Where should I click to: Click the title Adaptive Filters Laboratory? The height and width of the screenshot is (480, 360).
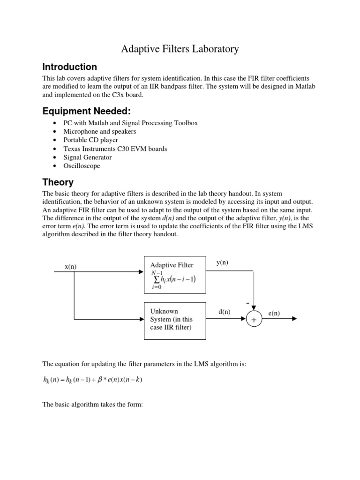180,48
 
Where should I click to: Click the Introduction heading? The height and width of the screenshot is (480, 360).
69,67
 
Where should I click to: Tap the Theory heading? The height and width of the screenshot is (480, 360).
58,182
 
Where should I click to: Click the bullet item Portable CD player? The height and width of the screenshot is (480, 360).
90,140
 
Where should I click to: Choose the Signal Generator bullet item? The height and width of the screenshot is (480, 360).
88,157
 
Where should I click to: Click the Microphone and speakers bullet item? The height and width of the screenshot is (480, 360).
99,131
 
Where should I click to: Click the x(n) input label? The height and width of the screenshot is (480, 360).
70,266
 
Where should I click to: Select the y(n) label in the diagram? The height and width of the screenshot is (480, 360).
222,262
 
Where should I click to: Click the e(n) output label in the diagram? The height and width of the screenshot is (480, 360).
274,313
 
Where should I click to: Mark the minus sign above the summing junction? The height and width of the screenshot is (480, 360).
247,304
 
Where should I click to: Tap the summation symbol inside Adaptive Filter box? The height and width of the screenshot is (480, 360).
156,280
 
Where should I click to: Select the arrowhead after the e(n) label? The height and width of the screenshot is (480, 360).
294,319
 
